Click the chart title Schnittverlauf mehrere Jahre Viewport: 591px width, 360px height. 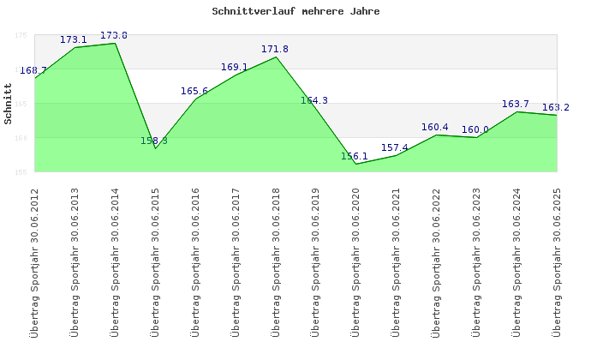point(295,12)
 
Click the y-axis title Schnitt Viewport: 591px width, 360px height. point(9,104)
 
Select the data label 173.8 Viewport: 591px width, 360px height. point(114,35)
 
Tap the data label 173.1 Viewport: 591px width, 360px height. point(74,39)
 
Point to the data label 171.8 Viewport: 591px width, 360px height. point(275,49)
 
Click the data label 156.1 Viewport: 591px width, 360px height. point(355,156)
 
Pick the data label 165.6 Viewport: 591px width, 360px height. point(194,91)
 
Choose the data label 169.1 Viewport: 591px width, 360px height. point(234,67)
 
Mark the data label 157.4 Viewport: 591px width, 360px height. point(395,147)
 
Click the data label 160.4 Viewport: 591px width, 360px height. point(435,127)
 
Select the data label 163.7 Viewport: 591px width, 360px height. point(516,104)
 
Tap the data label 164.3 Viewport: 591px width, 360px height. point(314,100)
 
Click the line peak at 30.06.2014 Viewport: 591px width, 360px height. point(115,43)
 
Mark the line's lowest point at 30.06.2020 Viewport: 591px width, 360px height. point(355,164)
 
